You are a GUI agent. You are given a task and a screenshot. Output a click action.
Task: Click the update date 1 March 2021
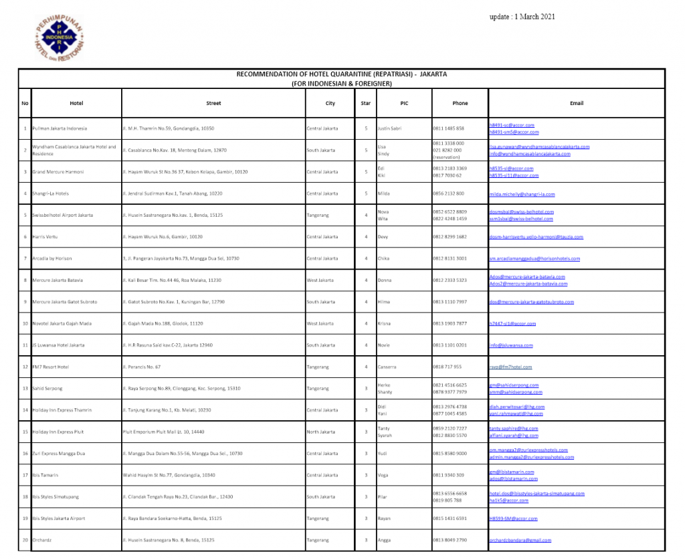(518, 17)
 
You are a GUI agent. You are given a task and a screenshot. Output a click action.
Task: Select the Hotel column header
(76, 103)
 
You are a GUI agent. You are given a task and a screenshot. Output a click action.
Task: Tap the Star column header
(366, 103)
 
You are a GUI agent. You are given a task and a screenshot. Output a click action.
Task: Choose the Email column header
(576, 103)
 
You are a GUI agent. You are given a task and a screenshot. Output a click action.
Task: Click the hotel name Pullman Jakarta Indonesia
(60, 128)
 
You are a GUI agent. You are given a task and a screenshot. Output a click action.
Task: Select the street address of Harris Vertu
(163, 237)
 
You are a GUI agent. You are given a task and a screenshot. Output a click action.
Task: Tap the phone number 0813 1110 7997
(450, 302)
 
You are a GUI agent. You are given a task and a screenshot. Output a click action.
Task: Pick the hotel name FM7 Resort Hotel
(51, 367)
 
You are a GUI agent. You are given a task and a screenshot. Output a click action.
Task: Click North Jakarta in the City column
(321, 432)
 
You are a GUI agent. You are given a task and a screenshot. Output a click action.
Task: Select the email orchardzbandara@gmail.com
(520, 540)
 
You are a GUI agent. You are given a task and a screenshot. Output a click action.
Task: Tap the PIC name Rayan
(384, 519)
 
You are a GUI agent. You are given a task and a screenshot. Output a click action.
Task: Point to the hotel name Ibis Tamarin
(45, 475)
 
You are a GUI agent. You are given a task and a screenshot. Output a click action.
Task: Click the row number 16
(25, 454)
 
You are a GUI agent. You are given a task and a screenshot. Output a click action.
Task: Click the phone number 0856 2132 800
(448, 194)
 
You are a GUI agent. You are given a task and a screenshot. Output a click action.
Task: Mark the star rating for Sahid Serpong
(366, 389)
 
